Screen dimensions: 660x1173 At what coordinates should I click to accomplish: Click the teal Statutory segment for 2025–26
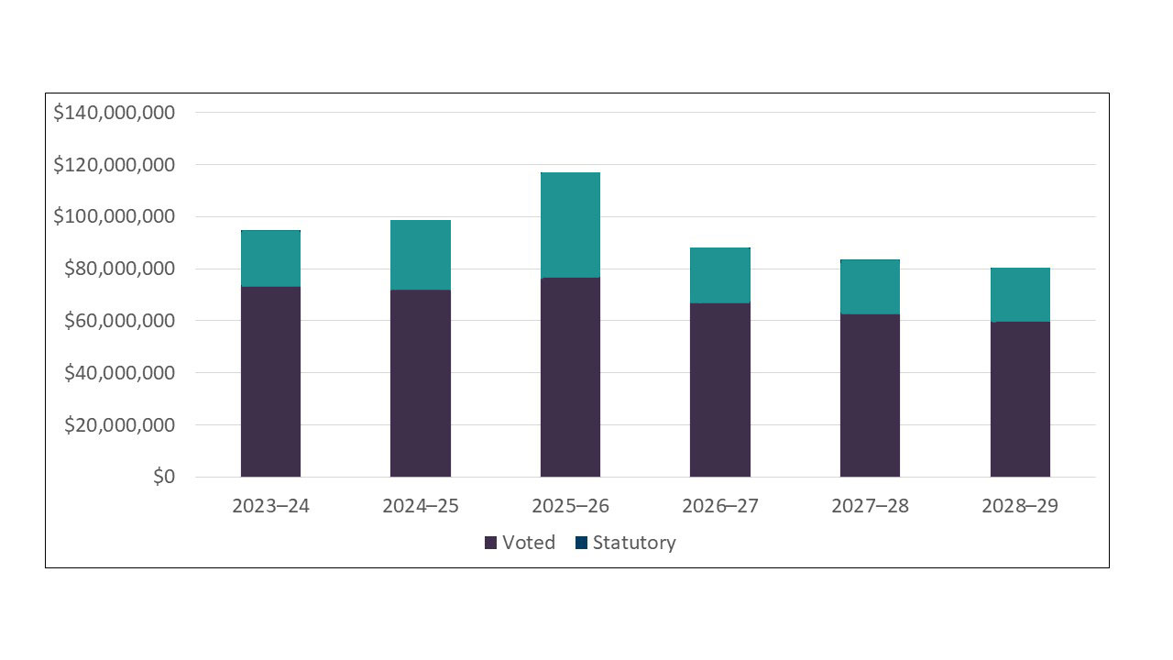coord(570,225)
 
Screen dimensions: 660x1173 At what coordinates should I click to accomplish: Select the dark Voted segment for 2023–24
coord(270,381)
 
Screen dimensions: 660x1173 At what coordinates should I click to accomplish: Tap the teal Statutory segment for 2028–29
coord(1020,294)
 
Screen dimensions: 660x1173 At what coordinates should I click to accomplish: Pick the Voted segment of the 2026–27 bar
coord(719,390)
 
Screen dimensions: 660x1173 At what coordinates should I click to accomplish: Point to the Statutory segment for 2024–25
coord(420,255)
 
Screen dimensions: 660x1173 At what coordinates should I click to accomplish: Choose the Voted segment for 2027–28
coord(870,395)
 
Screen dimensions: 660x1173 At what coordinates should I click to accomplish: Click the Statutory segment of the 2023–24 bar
coord(270,258)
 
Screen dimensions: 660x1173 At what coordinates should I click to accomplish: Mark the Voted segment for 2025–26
coord(570,377)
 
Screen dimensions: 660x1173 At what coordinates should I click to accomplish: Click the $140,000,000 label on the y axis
coord(114,113)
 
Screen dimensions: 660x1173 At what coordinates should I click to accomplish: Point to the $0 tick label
coord(163,477)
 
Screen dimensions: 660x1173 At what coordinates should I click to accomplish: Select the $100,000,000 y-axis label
coord(114,217)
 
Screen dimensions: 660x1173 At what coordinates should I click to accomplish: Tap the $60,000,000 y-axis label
coord(119,321)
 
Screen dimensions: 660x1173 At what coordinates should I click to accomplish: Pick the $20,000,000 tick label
coord(119,425)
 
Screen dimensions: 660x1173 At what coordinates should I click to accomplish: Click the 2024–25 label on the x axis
coord(421,506)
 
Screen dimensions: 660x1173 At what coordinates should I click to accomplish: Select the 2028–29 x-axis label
coord(1020,506)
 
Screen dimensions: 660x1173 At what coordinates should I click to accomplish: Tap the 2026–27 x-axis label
coord(720,506)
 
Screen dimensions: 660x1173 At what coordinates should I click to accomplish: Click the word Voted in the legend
coord(529,543)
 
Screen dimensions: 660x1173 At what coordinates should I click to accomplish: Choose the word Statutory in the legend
coord(634,543)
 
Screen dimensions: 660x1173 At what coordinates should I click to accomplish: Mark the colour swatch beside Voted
coord(491,544)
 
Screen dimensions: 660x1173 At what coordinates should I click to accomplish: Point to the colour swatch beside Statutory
coord(582,544)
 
